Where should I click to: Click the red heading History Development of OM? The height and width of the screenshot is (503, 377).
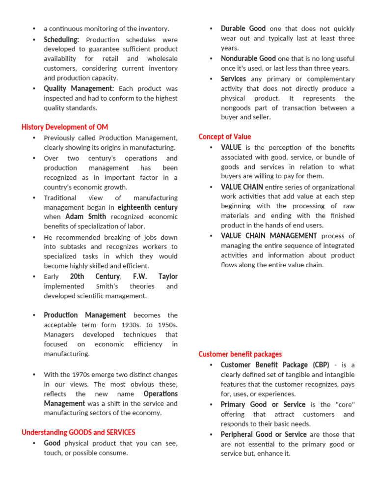tap(65, 127)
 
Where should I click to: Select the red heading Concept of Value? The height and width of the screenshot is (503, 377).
tap(225, 137)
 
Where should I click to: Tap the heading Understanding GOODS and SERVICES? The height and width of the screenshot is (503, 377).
tap(79, 432)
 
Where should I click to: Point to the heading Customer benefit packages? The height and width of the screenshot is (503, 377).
tap(240, 354)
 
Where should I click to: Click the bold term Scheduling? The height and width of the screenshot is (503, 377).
tap(61, 40)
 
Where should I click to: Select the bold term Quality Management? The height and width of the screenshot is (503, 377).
tap(79, 88)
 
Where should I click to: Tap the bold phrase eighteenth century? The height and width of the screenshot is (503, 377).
tap(147, 207)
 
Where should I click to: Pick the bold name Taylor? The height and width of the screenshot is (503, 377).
tap(168, 277)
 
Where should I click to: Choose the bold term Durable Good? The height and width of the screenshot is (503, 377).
tap(243, 29)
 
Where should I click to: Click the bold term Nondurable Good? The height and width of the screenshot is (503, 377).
tap(248, 58)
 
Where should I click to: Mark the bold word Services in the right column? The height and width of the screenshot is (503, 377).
tap(233, 79)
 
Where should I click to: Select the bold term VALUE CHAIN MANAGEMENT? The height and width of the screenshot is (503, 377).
tap(269, 236)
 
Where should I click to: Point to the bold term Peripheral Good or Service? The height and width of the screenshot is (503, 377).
tap(264, 435)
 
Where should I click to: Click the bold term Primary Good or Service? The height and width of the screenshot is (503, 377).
tap(263, 405)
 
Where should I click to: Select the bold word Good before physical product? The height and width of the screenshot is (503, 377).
tap(52, 443)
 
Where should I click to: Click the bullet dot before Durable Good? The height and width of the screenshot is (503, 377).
tap(211, 29)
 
